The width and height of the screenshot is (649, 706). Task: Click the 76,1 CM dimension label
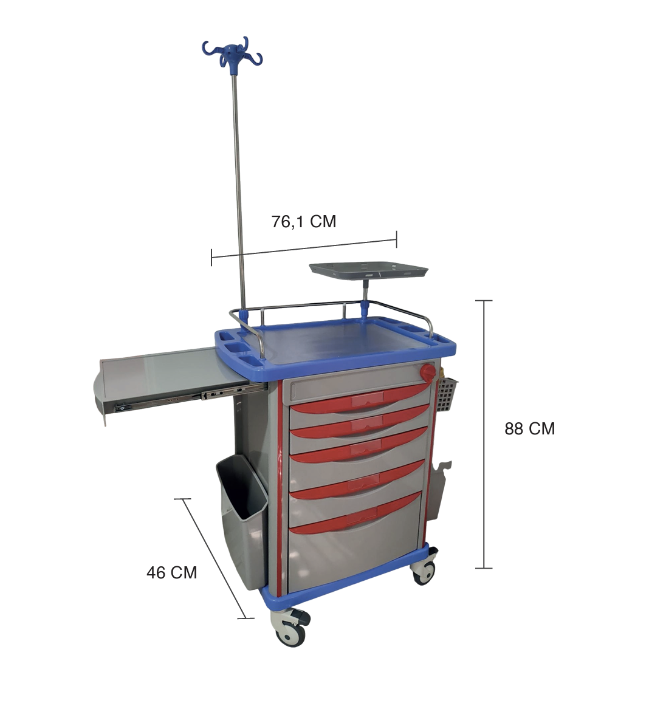(x=304, y=222)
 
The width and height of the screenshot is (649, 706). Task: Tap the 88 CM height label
(x=529, y=429)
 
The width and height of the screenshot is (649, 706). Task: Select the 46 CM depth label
(x=171, y=572)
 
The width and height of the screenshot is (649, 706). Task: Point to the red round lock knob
(x=428, y=372)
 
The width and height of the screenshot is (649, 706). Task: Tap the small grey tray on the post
(x=368, y=271)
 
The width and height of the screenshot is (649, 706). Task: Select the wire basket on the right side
(x=446, y=392)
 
